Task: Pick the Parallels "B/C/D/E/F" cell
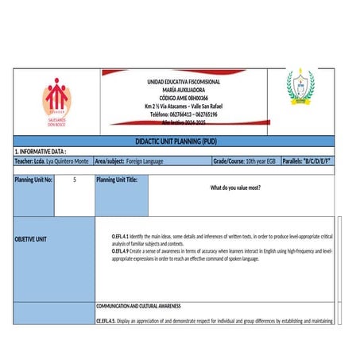coord(306,161)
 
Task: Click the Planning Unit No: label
coord(33,180)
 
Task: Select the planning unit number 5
coord(74,180)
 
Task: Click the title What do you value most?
coord(235,188)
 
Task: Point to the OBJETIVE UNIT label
coord(31,239)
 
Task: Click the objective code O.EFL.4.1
coord(120,237)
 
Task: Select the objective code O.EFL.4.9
coord(120,250)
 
